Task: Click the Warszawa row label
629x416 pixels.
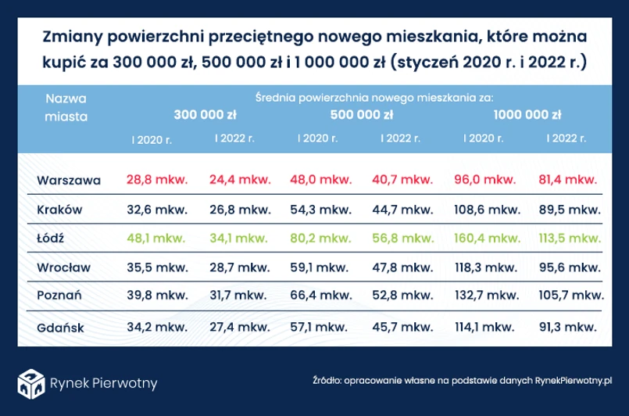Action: coord(69,180)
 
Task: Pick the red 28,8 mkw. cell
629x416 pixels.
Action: coord(156,180)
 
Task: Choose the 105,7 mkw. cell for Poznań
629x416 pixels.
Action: coord(572,296)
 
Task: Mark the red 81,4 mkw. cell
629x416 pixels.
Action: coord(569,180)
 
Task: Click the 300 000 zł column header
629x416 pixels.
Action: coord(205,115)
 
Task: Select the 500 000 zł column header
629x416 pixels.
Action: coord(362,115)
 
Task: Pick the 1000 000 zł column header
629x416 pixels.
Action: coord(527,115)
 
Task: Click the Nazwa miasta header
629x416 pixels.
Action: coord(66,107)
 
